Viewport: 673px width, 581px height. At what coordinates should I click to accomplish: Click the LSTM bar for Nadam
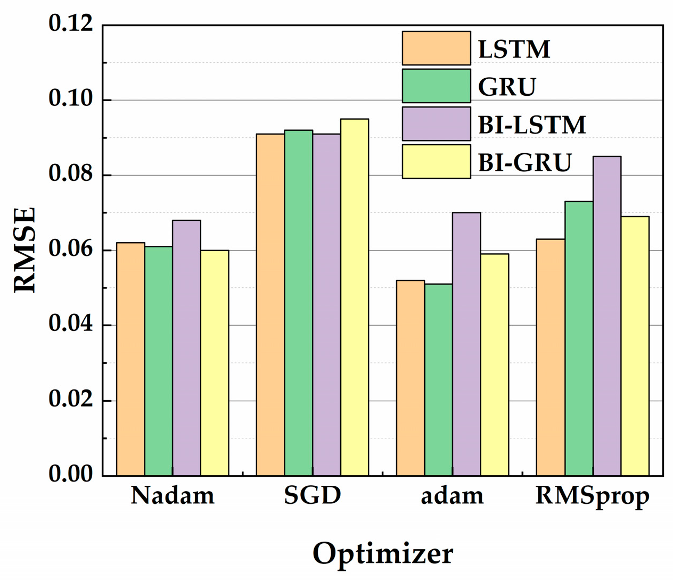(130, 359)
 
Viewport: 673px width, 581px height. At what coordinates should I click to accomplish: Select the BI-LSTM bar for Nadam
(186, 348)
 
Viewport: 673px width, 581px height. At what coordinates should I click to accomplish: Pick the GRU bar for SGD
(298, 303)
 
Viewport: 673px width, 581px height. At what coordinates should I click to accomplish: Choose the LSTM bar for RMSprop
(551, 357)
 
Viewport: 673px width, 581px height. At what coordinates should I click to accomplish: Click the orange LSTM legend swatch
(436, 48)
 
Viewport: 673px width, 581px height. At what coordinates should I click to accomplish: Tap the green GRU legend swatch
(436, 86)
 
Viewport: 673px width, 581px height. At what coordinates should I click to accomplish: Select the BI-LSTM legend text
(532, 124)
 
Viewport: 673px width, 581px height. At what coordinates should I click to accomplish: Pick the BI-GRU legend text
(525, 162)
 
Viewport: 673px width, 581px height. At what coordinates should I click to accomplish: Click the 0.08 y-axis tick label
(70, 175)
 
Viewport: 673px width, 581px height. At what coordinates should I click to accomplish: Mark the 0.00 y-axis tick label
(70, 474)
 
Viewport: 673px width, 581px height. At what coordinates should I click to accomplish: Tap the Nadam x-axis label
(173, 496)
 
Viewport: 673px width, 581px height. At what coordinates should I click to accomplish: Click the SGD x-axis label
(313, 496)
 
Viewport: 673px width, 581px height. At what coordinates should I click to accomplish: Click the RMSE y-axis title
(24, 250)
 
